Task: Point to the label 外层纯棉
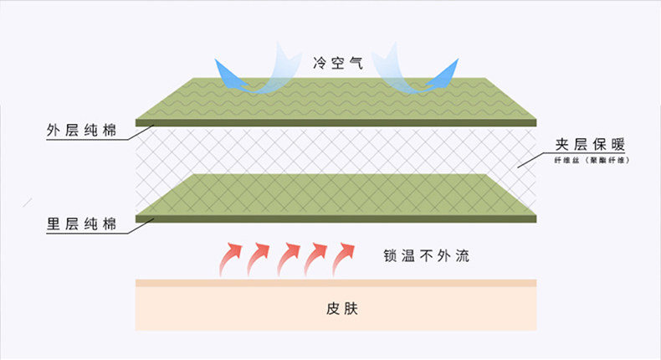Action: click(x=80, y=131)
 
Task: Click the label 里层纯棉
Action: click(x=80, y=224)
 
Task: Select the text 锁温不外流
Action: click(x=423, y=255)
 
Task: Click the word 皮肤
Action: click(x=335, y=307)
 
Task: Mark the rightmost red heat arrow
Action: click(x=345, y=258)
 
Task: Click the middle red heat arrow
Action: click(x=289, y=258)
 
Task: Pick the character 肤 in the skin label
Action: click(x=345, y=307)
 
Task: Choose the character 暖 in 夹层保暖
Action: click(x=619, y=144)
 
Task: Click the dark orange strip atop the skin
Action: click(x=335, y=283)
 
